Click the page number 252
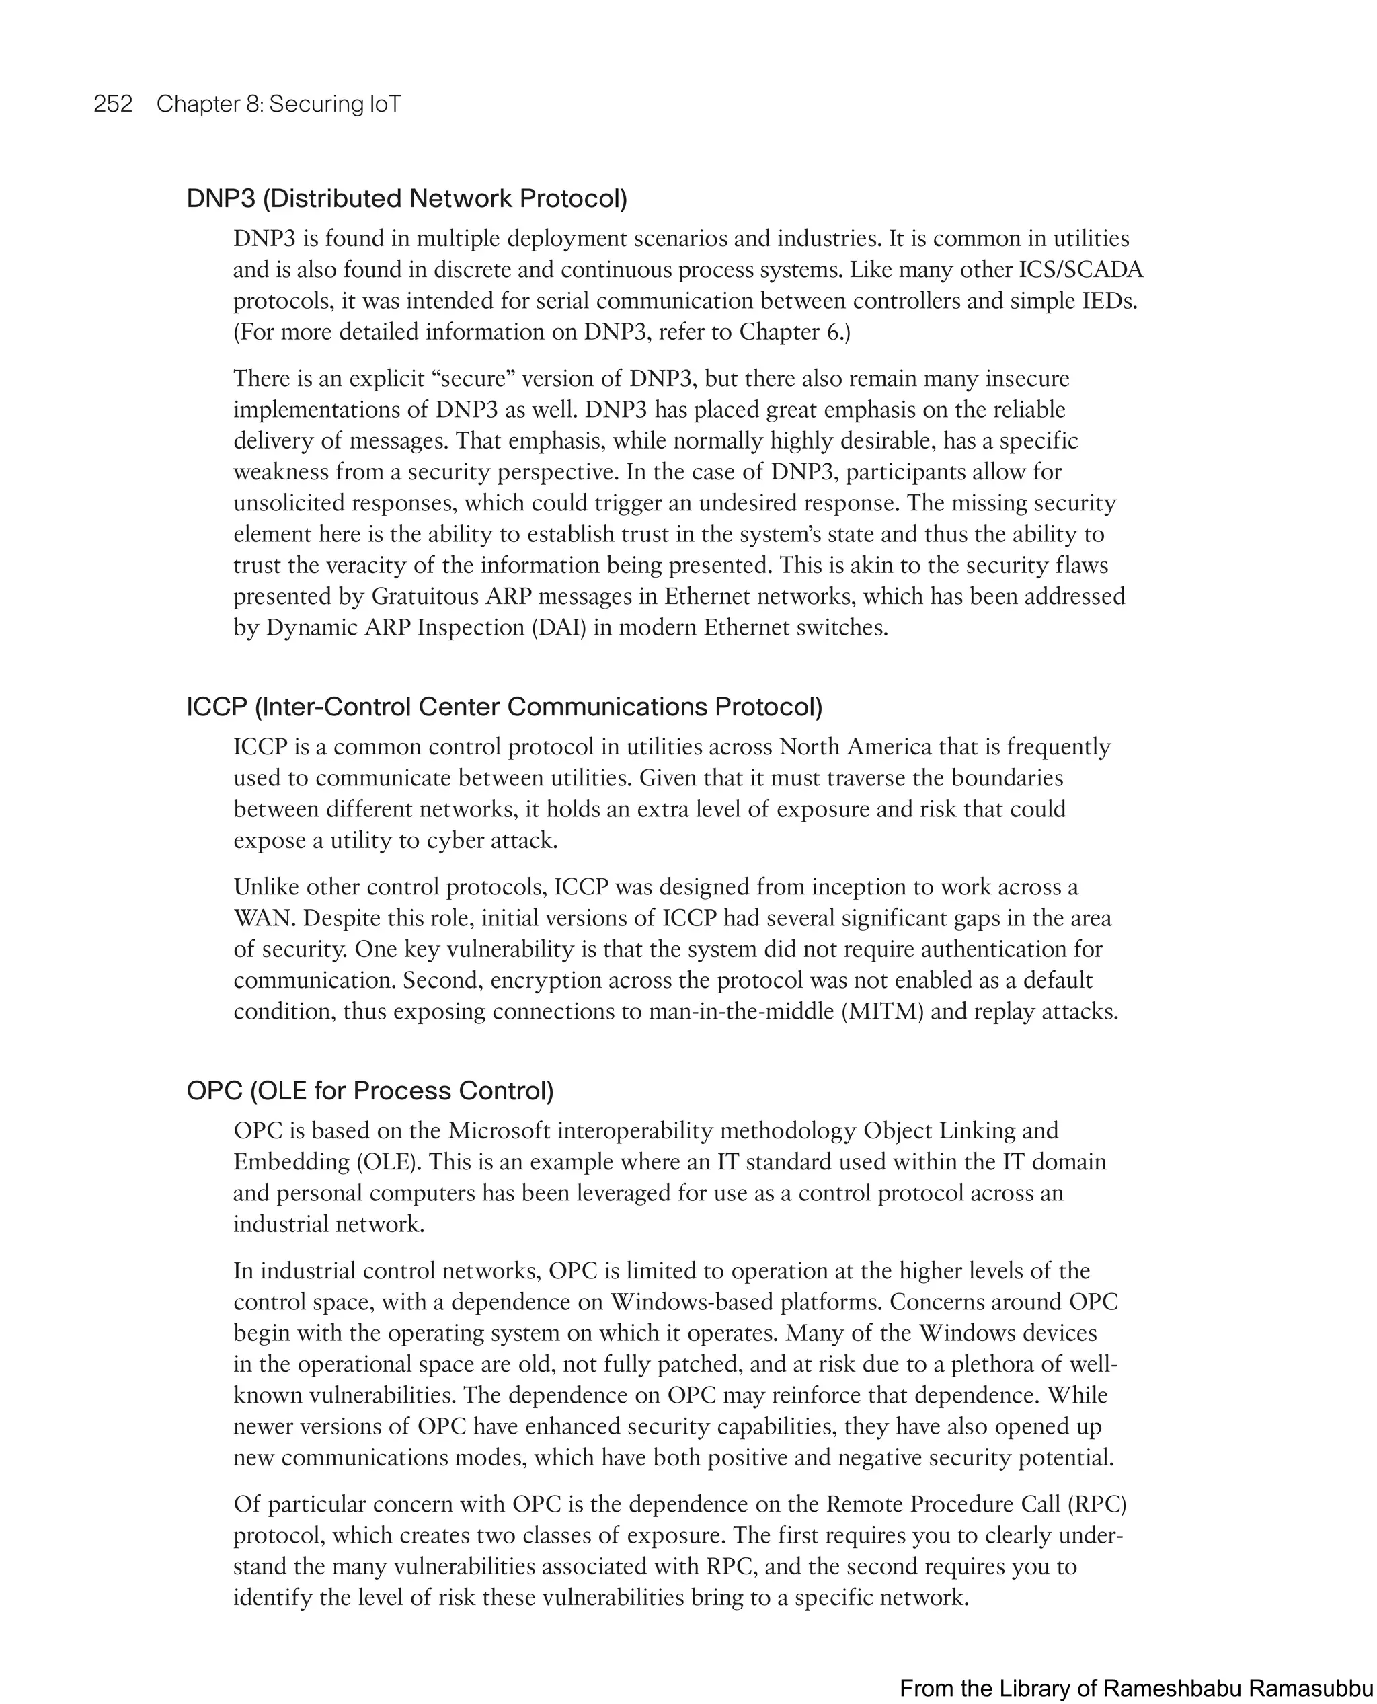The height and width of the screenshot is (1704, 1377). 113,104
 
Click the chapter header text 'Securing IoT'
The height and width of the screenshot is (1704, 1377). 335,104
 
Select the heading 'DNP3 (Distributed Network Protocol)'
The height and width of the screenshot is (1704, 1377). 406,198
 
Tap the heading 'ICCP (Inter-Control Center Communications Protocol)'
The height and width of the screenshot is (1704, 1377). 504,706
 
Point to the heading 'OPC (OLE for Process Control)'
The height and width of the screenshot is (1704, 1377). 370,1091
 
